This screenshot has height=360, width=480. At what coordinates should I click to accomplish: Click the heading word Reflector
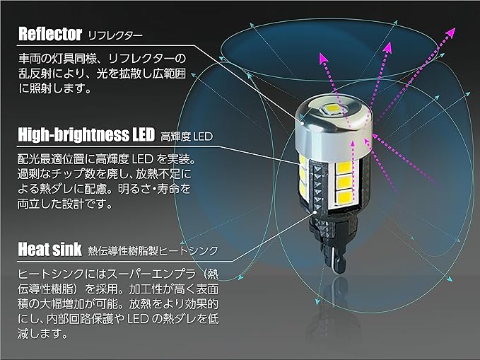(49, 33)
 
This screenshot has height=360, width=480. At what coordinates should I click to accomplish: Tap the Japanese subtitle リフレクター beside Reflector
(115, 35)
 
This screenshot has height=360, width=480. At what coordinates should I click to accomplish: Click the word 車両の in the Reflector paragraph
(32, 57)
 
